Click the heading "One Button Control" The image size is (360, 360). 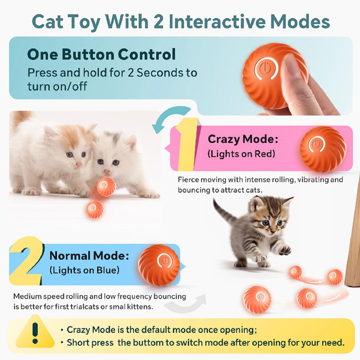pos(101,54)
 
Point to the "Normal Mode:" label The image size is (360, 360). pos(89,256)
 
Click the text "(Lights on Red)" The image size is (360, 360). pos(241,153)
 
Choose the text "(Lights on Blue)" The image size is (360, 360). pos(85,270)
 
